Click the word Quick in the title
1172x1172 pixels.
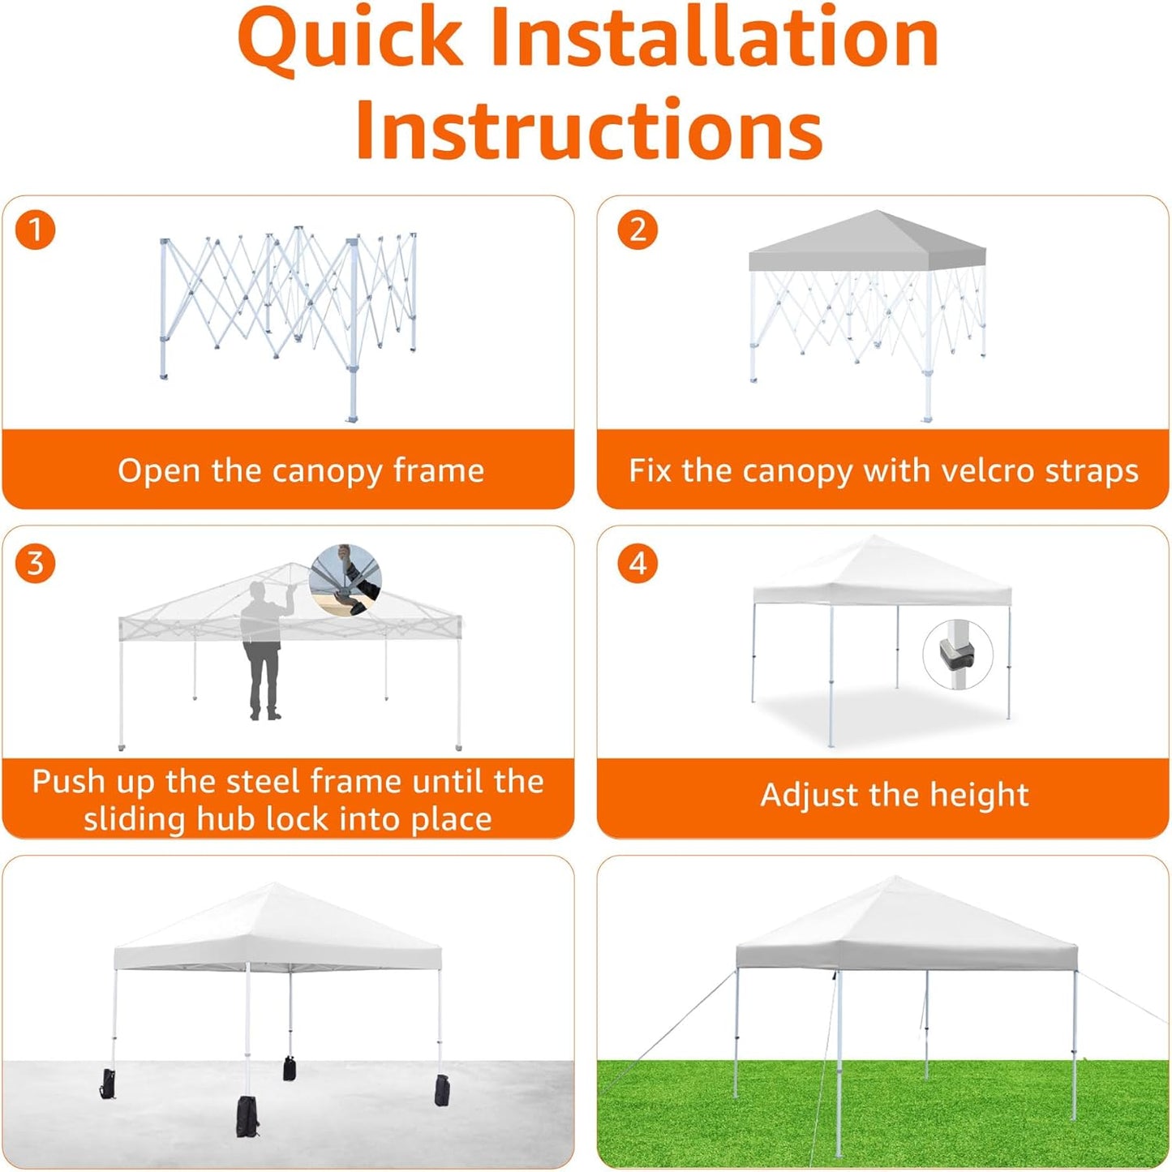pyautogui.click(x=350, y=38)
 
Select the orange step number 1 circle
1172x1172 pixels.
pyautogui.click(x=35, y=230)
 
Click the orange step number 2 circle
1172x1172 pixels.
pyautogui.click(x=638, y=230)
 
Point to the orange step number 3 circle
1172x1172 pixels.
pyautogui.click(x=35, y=563)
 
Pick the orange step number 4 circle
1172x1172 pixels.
pyautogui.click(x=638, y=563)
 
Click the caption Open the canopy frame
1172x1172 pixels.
pyautogui.click(x=300, y=470)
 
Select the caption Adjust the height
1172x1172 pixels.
pyautogui.click(x=894, y=795)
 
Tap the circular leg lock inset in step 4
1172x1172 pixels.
pyautogui.click(x=959, y=655)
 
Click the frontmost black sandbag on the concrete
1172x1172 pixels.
pyautogui.click(x=247, y=1116)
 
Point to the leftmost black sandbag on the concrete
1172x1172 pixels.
pyautogui.click(x=107, y=1084)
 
